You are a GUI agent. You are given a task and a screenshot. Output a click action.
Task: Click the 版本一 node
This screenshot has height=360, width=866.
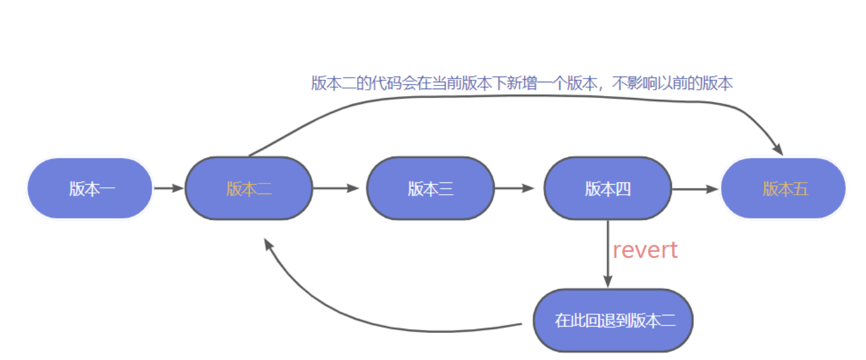coord(90,188)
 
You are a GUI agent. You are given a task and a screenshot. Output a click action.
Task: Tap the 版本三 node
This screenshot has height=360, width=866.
coord(430,188)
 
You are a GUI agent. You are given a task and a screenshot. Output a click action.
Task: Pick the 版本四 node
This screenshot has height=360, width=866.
coord(607,188)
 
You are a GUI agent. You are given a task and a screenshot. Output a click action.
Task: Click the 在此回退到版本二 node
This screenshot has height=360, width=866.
coord(612,320)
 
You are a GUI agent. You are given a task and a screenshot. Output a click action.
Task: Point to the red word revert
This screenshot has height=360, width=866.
coord(645,250)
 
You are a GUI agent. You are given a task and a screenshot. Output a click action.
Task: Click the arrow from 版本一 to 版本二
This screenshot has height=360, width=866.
coord(168,188)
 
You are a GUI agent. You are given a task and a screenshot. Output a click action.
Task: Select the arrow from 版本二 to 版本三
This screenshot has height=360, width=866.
coord(336,188)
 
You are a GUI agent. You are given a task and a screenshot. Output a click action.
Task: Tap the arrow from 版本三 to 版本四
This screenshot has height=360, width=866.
coord(514,188)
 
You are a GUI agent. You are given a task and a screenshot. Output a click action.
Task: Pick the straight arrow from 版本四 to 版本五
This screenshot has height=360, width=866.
coord(695,188)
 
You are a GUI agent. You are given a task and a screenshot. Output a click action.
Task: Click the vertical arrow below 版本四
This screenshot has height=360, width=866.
coord(607,251)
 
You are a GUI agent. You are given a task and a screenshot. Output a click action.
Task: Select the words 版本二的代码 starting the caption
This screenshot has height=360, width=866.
coord(345,84)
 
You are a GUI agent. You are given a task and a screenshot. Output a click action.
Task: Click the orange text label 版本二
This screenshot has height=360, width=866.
coord(249,188)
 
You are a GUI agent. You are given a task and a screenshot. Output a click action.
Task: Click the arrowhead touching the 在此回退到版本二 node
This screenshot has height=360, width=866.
coord(607,281)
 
